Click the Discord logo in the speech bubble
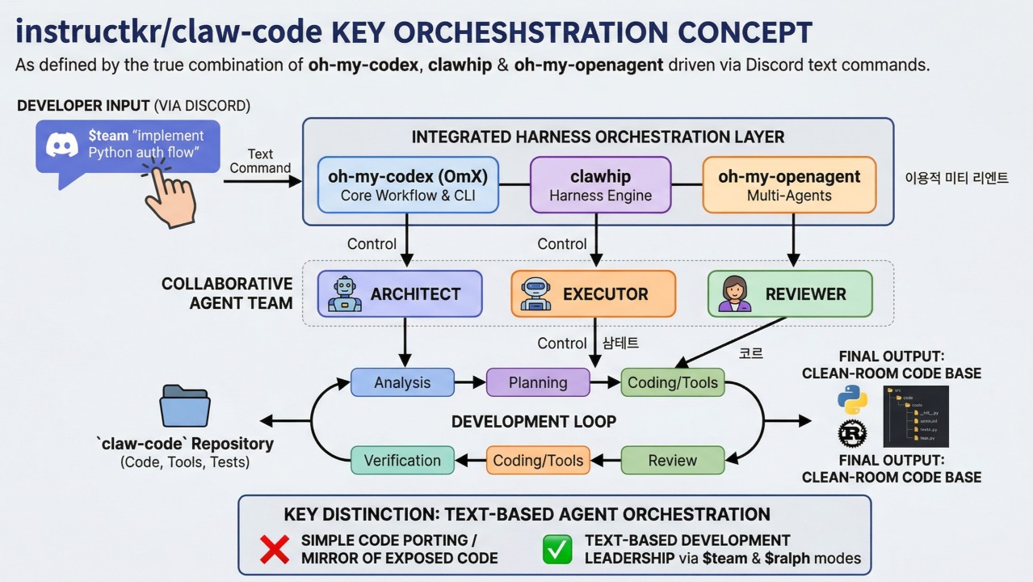pyautogui.click(x=62, y=145)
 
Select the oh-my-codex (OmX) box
pyautogui.click(x=408, y=185)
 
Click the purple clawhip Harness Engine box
pyautogui.click(x=600, y=185)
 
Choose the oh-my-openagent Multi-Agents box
pyautogui.click(x=789, y=185)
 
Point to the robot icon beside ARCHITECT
pyautogui.click(x=345, y=294)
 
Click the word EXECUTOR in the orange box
pyautogui.click(x=605, y=294)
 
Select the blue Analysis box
pyautogui.click(x=402, y=382)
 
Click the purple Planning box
pyautogui.click(x=538, y=382)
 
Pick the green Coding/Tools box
pyautogui.click(x=673, y=382)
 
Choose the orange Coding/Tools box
pyautogui.click(x=538, y=461)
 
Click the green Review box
pyautogui.click(x=673, y=461)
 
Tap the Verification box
pyautogui.click(x=402, y=461)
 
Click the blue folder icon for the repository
pyautogui.click(x=185, y=405)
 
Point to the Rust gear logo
pyautogui.click(x=852, y=434)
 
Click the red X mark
pyautogui.click(x=275, y=550)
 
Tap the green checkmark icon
pyautogui.click(x=557, y=550)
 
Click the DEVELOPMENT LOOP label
pyautogui.click(x=534, y=422)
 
